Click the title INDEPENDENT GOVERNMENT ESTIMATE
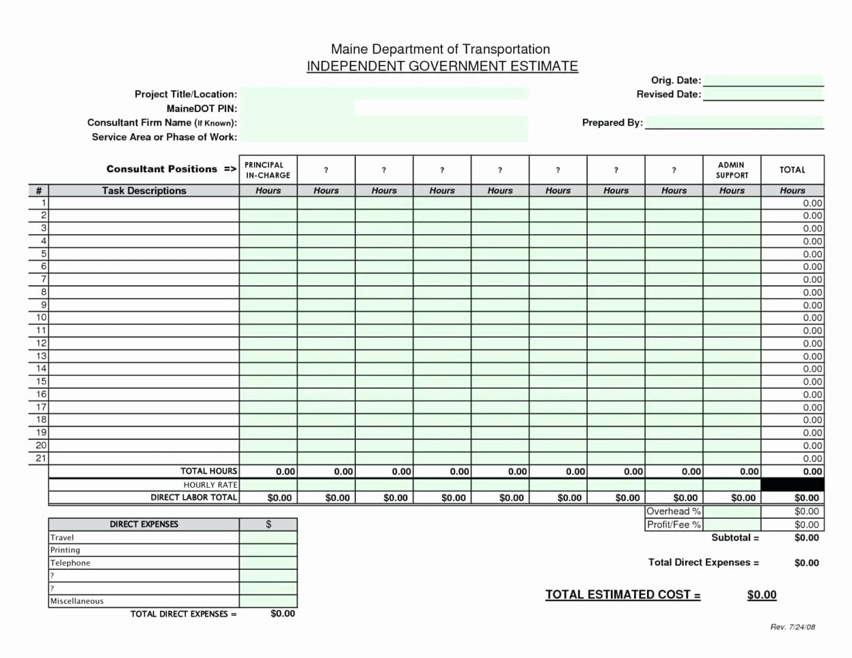coord(442,66)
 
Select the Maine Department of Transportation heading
coord(440,49)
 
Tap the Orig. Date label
coord(675,80)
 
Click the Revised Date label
coord(668,94)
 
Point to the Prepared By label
coord(612,123)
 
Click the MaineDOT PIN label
coord(202,109)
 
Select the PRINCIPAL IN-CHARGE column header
coord(267,170)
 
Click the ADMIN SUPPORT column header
coord(731,170)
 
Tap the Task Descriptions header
coord(144,191)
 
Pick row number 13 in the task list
coord(41,355)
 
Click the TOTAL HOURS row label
coord(208,471)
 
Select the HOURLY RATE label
coord(210,484)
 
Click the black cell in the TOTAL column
coord(792,484)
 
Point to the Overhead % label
coord(673,511)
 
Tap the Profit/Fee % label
coord(673,524)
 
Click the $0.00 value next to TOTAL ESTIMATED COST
coord(761,595)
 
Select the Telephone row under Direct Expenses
coord(70,563)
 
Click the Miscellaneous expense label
coord(77,601)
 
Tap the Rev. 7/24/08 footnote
coord(792,627)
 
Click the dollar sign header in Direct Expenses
coord(268,524)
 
